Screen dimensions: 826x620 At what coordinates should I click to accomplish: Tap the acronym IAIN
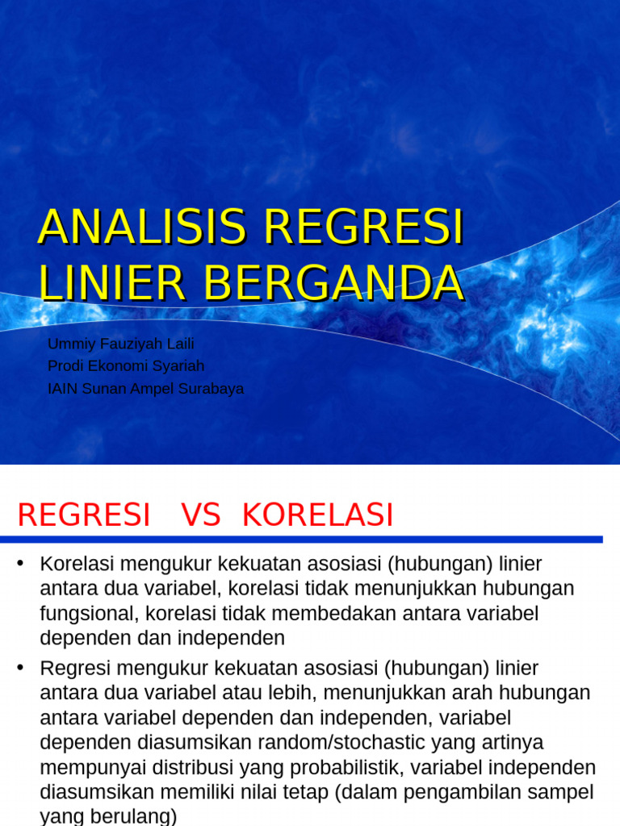point(63,389)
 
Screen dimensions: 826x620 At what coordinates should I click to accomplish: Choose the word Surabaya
point(211,389)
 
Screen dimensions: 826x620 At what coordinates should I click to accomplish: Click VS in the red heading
point(200,515)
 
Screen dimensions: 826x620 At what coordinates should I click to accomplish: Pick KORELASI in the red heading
point(318,515)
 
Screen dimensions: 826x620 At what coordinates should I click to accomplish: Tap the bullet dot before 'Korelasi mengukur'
point(22,563)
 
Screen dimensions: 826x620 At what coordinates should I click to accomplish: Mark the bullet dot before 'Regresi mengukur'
point(22,668)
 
